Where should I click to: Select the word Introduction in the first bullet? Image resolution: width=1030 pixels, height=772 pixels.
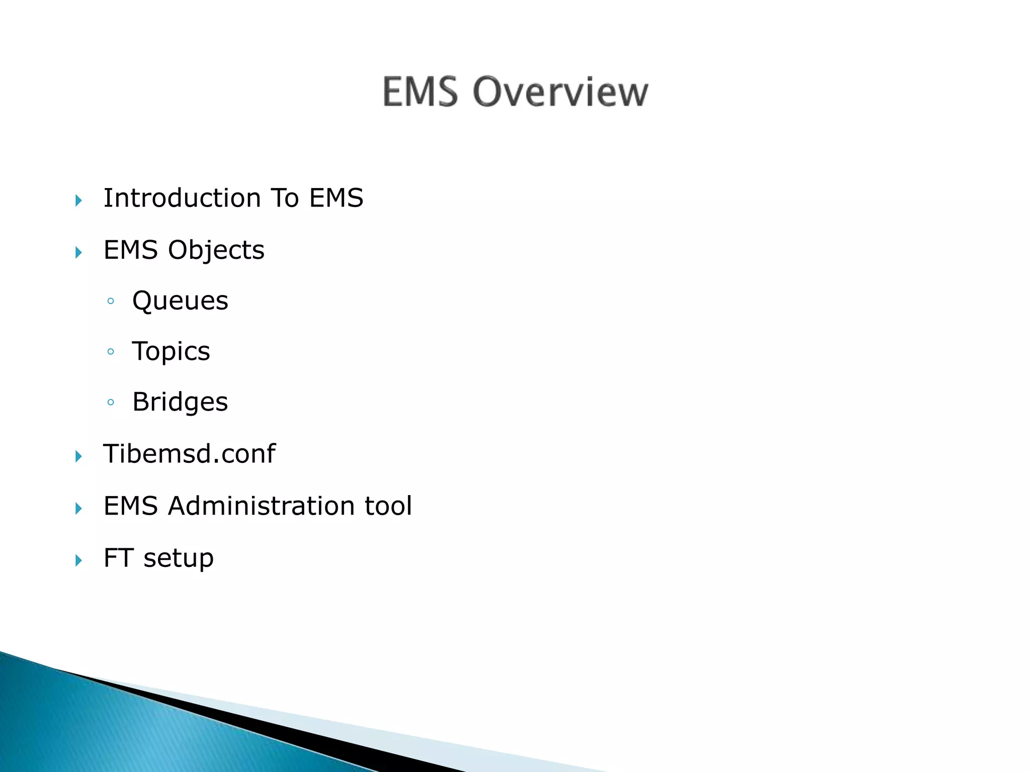coord(182,198)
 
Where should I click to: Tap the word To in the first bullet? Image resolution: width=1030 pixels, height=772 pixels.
coord(285,198)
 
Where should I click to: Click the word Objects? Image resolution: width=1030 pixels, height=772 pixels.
coord(216,250)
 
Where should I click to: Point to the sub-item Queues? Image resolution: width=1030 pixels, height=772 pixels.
coord(180,301)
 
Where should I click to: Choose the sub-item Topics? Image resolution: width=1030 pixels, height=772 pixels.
coord(171,351)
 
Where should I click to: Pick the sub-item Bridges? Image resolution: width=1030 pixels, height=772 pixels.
coord(180,402)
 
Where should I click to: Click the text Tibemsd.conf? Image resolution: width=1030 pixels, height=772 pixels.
coord(189,453)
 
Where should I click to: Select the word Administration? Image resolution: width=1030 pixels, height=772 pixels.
coord(262,506)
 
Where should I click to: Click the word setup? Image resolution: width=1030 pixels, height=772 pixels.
coord(179,558)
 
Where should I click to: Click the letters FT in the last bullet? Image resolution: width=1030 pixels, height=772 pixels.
coord(118,558)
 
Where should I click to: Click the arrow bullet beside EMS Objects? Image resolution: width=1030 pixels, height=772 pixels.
coord(78,252)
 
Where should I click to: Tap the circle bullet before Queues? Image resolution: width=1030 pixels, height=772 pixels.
coord(111,302)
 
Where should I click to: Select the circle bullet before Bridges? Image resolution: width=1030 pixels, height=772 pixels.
coord(111,402)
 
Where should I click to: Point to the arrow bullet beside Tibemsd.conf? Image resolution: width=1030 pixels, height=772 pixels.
coord(78,456)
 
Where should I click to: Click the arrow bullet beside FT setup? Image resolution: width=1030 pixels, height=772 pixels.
coord(78,560)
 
